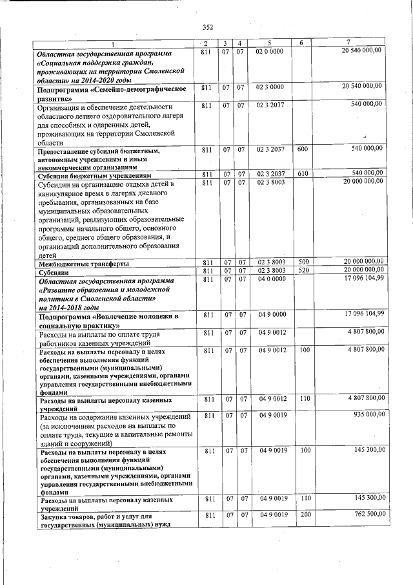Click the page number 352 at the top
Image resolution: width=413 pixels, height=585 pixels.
[207, 27]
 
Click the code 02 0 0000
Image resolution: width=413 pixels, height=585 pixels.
[270, 50]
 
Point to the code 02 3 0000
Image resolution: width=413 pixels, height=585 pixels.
[270, 87]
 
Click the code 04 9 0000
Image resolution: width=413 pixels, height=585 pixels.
[270, 314]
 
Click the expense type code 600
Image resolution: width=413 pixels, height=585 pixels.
[301, 149]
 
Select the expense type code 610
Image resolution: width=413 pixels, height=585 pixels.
[301, 174]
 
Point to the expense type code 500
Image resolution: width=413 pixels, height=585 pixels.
[301, 262]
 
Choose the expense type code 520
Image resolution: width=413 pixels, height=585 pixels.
[301, 271]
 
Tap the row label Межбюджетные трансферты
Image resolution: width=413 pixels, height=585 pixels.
[84, 264]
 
